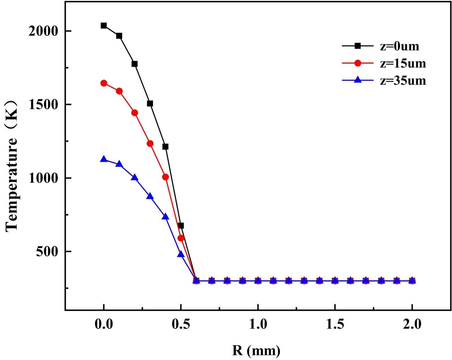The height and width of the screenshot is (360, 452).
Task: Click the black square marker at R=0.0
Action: coord(104,26)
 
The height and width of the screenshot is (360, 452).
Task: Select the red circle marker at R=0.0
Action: coord(104,83)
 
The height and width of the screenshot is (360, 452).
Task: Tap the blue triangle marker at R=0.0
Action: coord(104,159)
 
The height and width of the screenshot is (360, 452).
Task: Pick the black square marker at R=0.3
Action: coord(150,104)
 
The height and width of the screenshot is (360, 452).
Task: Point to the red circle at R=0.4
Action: coord(166,177)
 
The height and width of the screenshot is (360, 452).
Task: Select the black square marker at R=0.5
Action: coord(181,225)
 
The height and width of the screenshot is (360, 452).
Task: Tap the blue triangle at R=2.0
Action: coord(412,280)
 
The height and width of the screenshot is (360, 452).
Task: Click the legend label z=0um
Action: coord(399,46)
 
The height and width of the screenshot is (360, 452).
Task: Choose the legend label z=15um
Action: coord(403,63)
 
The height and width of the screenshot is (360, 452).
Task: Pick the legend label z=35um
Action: coord(403,81)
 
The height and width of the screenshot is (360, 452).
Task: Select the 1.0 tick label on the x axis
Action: coord(258,324)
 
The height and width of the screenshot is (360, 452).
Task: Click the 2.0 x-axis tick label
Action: coord(412,324)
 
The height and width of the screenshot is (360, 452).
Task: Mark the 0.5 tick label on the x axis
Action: coord(181,324)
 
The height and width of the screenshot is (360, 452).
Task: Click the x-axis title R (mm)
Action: coord(256,351)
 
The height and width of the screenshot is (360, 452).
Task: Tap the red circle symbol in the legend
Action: coord(358,63)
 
